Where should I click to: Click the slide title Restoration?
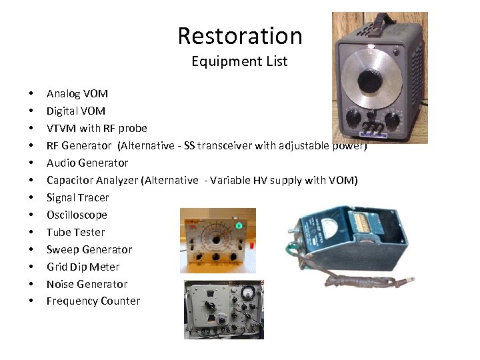pos(239,36)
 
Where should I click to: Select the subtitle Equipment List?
pos(239,61)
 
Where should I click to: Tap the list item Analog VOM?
pos(77,93)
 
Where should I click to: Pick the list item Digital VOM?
pos(75,111)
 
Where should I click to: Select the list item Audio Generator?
pos(87,163)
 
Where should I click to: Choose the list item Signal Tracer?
pos(77,197)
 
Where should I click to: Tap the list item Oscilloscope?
pos(76,215)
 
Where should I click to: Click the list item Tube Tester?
pos(75,232)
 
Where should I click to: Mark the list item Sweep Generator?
pos(89,249)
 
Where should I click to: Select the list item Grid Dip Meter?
pos(83,267)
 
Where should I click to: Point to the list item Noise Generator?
pos(87,284)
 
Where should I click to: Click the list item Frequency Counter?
pos(93,301)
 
